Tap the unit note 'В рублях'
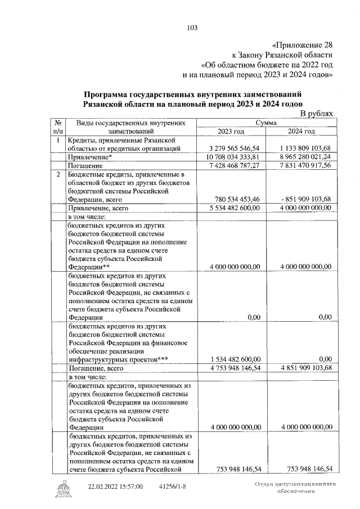(x=316, y=114)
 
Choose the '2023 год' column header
(x=232, y=131)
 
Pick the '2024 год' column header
(x=301, y=131)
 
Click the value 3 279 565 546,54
(x=233, y=148)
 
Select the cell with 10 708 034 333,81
(x=233, y=157)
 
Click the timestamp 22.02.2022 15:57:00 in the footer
(x=115, y=486)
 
